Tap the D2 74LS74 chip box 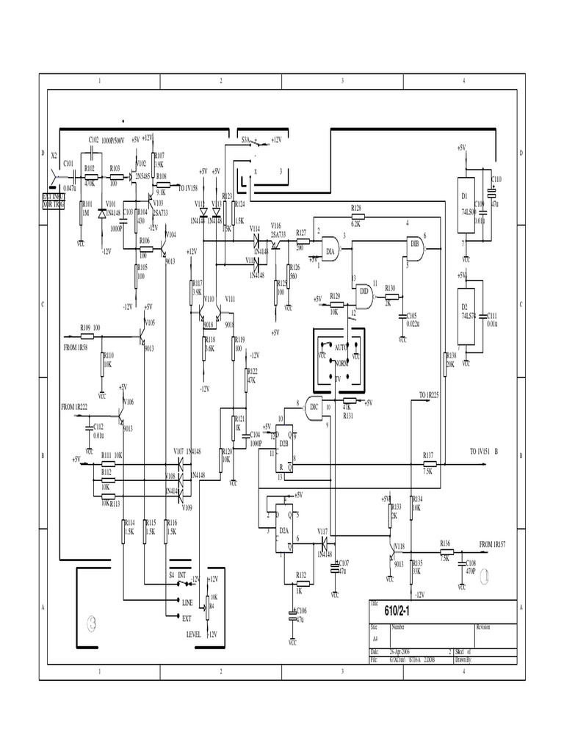point(466,311)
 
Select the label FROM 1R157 point(496,544)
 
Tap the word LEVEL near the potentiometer point(193,632)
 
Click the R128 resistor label point(357,209)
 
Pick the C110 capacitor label point(496,178)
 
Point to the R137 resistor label point(428,455)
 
